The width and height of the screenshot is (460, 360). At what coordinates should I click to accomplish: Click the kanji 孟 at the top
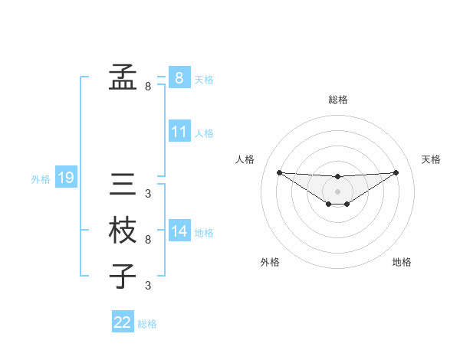[x=123, y=77]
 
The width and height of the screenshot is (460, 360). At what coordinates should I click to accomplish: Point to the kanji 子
[x=123, y=277]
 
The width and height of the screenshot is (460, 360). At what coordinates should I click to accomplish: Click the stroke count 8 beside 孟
[x=148, y=87]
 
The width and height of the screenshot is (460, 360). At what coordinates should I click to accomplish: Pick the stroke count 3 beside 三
[x=148, y=194]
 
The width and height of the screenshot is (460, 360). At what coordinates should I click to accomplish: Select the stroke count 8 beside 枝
[x=148, y=240]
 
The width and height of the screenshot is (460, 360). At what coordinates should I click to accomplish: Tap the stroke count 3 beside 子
[x=148, y=286]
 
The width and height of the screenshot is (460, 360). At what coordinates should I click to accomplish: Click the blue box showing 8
[x=179, y=78]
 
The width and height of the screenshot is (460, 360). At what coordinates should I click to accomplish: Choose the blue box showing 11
[x=179, y=132]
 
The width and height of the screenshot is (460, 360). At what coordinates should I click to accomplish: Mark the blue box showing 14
[x=179, y=231]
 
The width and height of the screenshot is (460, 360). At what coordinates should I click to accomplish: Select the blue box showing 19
[x=65, y=178]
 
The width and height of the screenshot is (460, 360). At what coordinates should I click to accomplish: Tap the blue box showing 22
[x=123, y=322]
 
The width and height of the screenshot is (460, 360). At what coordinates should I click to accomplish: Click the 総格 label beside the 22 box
[x=147, y=324]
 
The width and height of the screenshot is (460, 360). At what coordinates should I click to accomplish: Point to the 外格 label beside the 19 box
[x=41, y=179]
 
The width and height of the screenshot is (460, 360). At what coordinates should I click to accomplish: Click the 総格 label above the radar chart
[x=337, y=100]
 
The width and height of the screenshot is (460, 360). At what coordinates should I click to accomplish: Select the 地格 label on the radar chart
[x=402, y=262]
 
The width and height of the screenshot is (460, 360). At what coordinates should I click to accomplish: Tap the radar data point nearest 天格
[x=396, y=172]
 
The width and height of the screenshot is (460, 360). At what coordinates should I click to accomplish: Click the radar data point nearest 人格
[x=279, y=172]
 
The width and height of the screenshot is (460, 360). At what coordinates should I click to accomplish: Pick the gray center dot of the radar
[x=337, y=191]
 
